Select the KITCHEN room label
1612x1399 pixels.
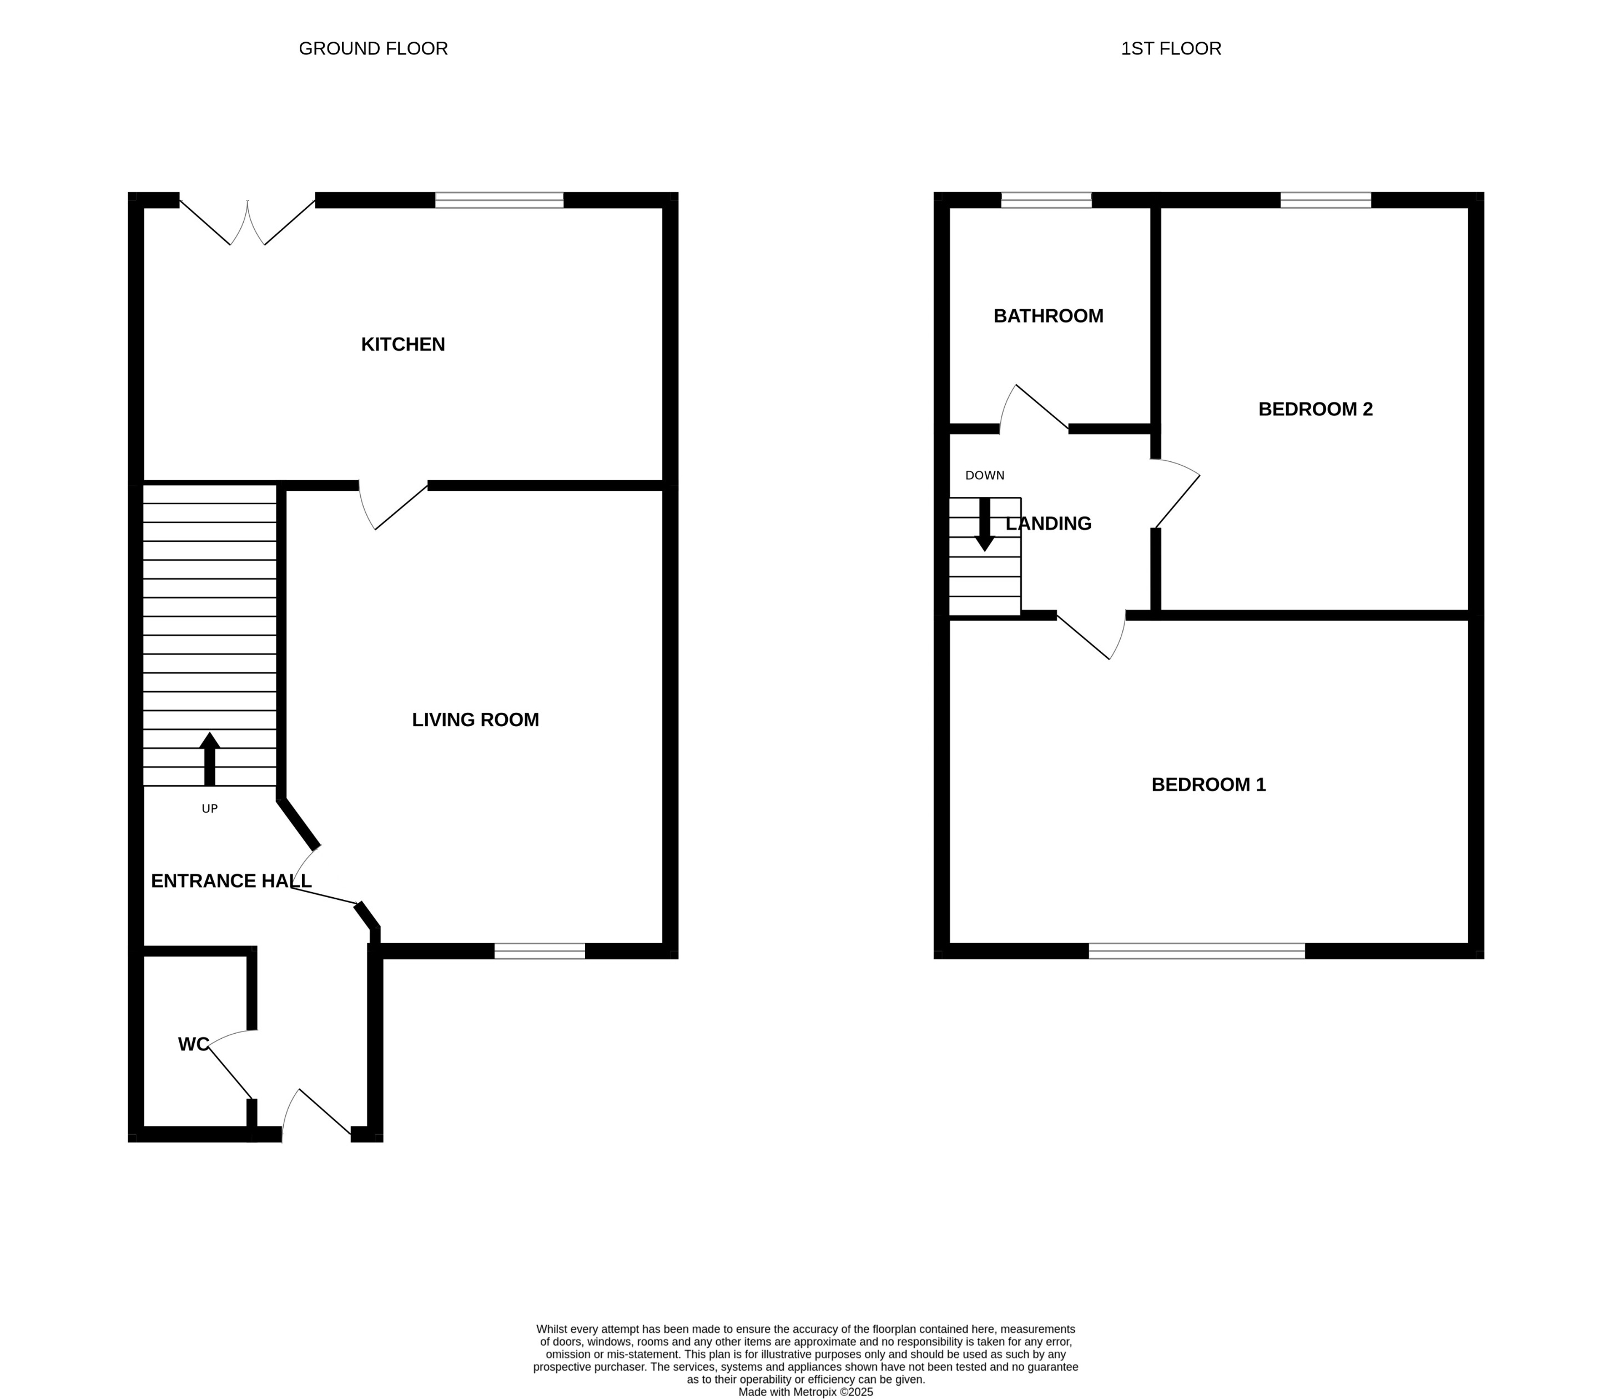pos(403,344)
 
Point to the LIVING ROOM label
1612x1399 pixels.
pos(475,720)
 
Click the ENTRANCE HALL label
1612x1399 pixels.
pos(231,880)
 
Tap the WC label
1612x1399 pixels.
pos(194,1044)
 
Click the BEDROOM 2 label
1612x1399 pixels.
pos(1316,409)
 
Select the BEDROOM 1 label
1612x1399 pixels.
pos(1208,784)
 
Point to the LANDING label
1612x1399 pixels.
pos(1049,524)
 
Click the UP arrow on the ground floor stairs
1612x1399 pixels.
pos(209,758)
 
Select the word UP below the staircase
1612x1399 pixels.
pos(209,809)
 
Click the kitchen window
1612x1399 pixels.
pos(499,200)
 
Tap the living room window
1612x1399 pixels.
pos(540,951)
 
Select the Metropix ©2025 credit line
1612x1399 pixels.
pos(805,1391)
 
